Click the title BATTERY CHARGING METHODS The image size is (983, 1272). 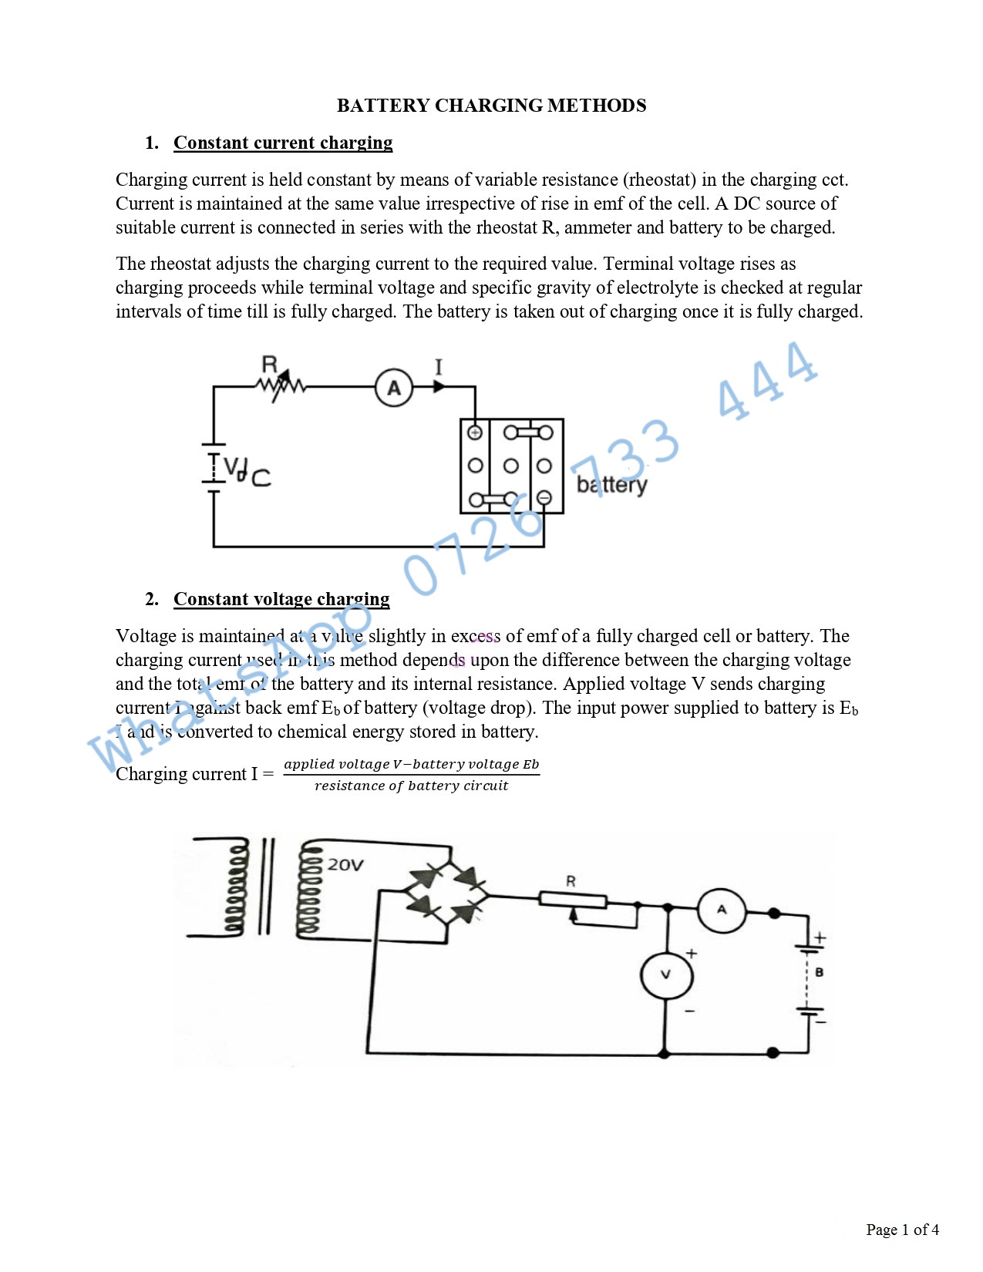(x=491, y=106)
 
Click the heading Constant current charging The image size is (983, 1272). (x=282, y=143)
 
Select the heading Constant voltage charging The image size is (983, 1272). (x=281, y=599)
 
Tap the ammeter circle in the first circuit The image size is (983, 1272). (x=394, y=388)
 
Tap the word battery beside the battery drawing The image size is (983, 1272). (x=611, y=484)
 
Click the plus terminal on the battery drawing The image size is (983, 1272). (x=475, y=432)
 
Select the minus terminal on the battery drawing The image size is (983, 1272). (x=544, y=498)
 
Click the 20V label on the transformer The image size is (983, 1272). (x=345, y=865)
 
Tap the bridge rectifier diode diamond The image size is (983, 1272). (x=448, y=896)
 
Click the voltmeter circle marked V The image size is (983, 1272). (x=666, y=974)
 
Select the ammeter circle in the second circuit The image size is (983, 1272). (x=722, y=910)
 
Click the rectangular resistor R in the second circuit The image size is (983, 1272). (x=573, y=899)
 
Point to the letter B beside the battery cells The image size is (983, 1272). (x=820, y=973)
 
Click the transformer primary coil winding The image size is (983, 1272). (x=237, y=887)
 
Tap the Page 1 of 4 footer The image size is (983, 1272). (x=902, y=1230)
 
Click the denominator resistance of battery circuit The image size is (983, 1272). (x=411, y=786)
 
